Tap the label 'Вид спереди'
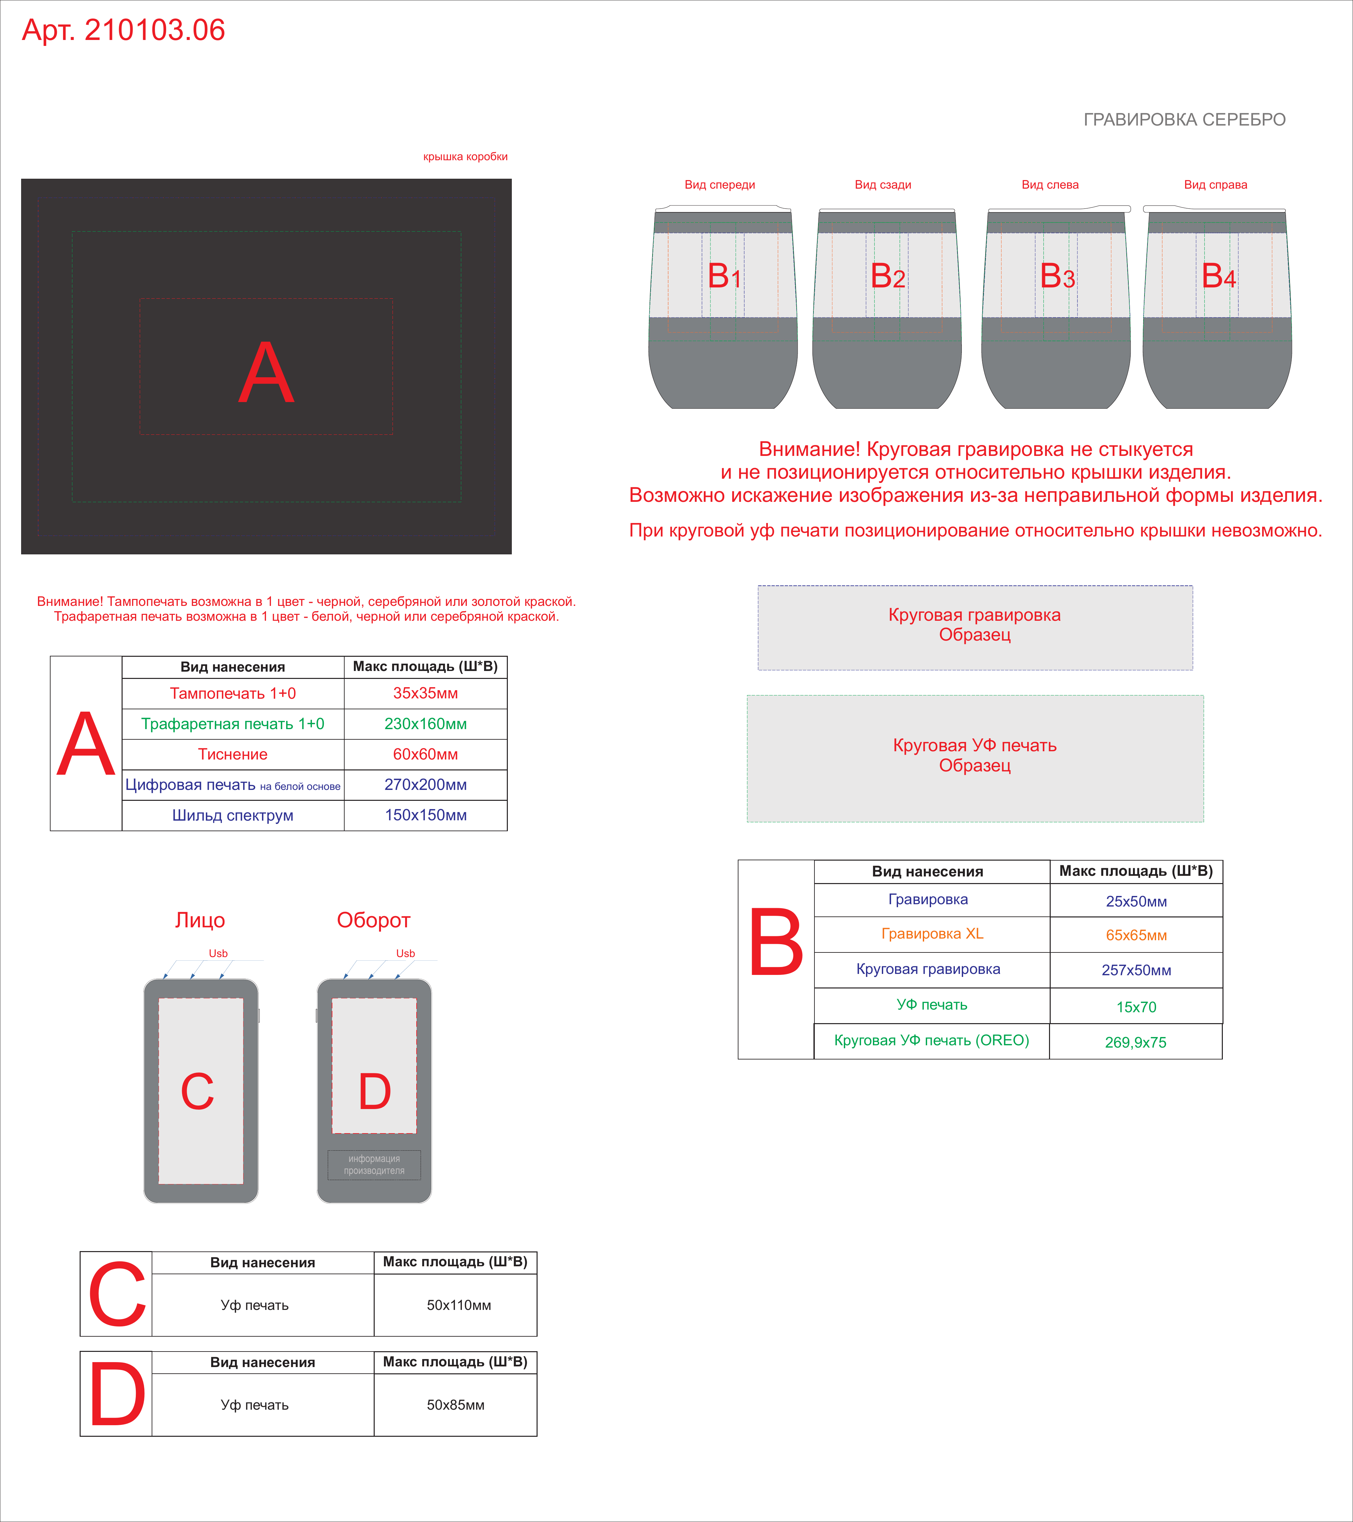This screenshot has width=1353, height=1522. (x=719, y=185)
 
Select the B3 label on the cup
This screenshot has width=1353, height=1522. (x=1057, y=276)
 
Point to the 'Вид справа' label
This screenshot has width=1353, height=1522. (x=1215, y=185)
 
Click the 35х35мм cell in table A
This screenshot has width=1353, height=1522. (x=425, y=693)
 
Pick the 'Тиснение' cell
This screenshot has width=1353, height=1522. (x=232, y=754)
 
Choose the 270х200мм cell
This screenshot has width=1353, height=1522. (x=425, y=785)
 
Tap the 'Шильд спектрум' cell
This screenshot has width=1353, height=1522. (x=232, y=815)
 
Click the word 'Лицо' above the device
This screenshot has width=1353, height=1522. (x=200, y=920)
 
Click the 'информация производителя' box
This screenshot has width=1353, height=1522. (x=374, y=1165)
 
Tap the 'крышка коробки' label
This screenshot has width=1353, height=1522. (x=466, y=156)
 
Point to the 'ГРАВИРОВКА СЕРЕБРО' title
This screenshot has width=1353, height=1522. (x=1184, y=119)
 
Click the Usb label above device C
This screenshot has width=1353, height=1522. (x=218, y=953)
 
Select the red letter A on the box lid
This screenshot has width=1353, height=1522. (x=266, y=372)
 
